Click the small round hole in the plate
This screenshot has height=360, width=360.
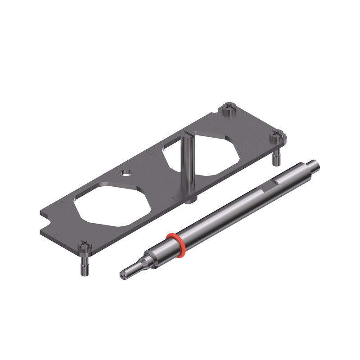pos(126,172)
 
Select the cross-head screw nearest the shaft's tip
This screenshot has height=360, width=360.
pos(84,247)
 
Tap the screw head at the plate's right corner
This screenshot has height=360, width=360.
pos(278,135)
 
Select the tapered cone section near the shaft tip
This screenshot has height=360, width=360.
pos(144,263)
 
